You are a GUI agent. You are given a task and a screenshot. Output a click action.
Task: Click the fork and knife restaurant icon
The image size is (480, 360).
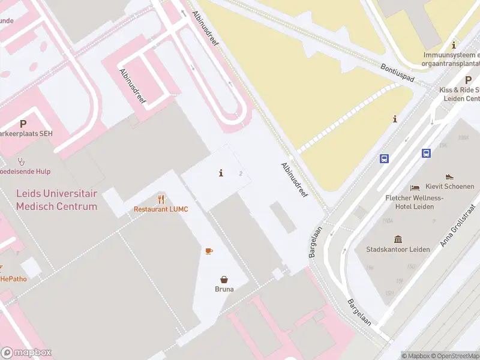(161, 199)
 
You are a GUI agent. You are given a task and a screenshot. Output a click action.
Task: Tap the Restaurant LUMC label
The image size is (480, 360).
(161, 209)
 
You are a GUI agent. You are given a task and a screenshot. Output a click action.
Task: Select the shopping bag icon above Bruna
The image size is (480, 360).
(224, 279)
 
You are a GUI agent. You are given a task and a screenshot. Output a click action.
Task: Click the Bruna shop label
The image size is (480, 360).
(224, 289)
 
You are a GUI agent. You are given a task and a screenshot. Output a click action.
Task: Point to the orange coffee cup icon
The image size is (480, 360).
(209, 251)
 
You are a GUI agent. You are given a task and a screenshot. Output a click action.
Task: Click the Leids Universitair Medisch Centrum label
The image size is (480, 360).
(56, 200)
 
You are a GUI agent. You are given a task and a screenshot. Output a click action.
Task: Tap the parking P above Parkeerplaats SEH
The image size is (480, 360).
(23, 124)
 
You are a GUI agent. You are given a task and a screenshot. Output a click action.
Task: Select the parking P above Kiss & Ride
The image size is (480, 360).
(468, 80)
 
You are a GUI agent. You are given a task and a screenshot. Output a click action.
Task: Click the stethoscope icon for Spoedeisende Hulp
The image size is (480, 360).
(21, 161)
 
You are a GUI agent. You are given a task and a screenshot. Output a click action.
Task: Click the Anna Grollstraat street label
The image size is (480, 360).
(457, 224)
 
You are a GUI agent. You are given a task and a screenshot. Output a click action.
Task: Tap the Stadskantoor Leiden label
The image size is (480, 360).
(398, 249)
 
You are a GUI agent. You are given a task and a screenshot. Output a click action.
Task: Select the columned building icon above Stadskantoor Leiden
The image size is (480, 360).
(398, 238)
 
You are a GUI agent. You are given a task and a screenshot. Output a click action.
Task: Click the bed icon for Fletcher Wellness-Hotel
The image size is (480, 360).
(415, 188)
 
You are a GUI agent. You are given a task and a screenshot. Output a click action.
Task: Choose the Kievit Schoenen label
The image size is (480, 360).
(449, 187)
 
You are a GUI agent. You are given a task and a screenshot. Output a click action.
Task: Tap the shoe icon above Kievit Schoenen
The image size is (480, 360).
(449, 177)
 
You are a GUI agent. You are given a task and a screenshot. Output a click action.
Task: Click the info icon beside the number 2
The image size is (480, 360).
(221, 173)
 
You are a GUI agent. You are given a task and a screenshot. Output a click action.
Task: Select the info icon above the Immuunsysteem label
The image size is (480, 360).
(454, 45)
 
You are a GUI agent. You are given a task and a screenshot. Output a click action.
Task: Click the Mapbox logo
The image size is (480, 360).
(26, 353)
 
